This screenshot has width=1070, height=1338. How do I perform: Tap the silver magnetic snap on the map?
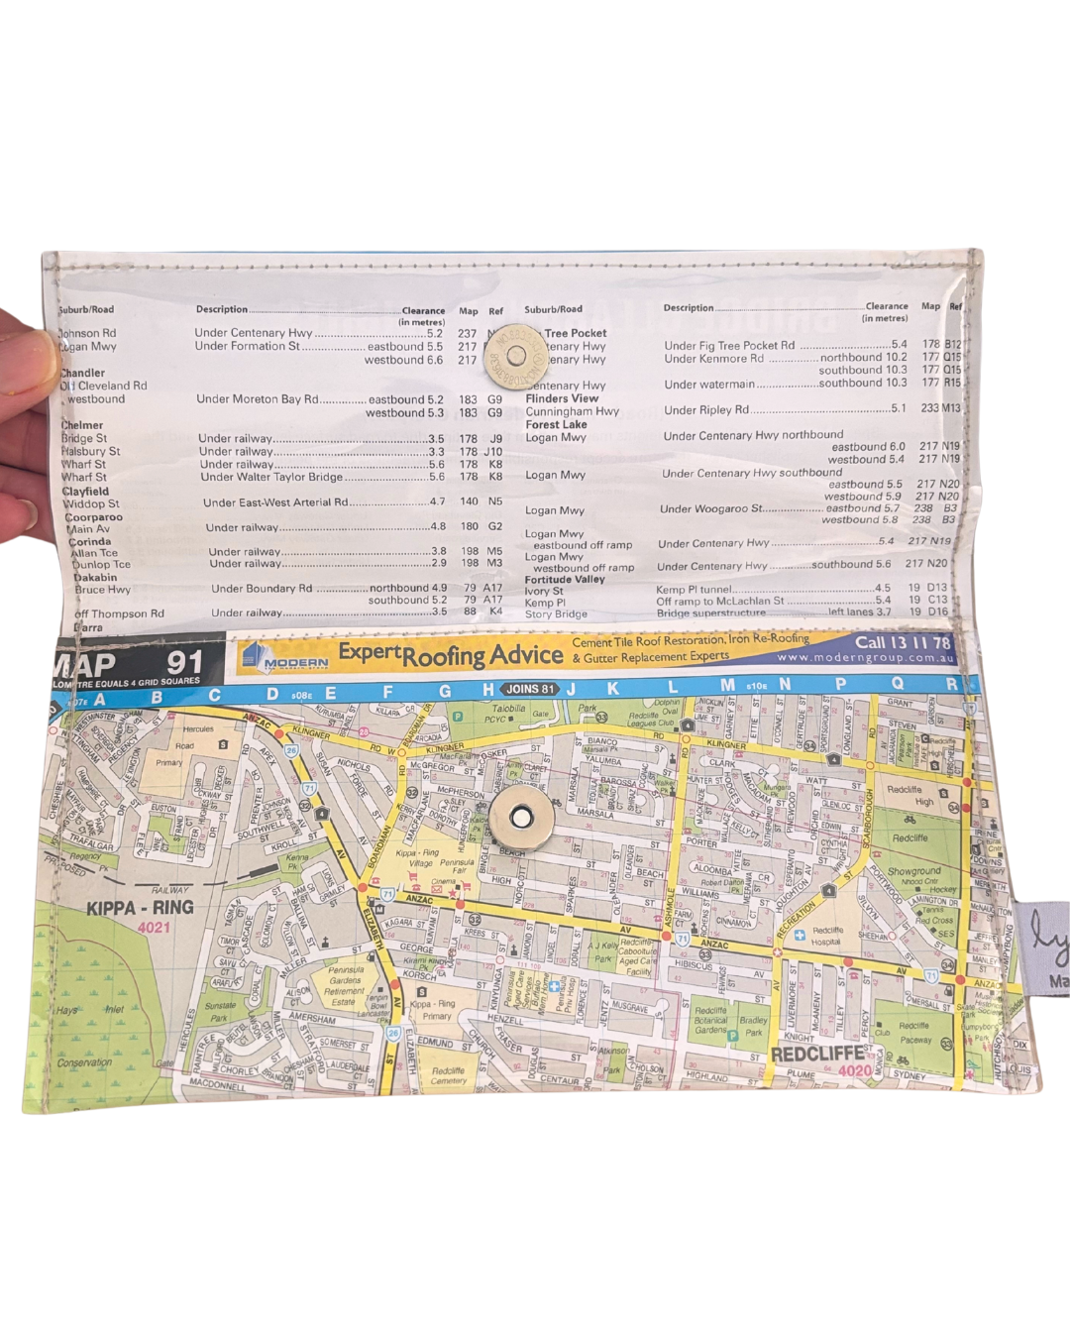coord(521,817)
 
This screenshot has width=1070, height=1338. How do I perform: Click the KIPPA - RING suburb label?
coord(140,908)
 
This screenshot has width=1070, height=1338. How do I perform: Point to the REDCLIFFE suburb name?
coord(817,1053)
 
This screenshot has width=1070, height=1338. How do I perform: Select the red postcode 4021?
coord(154,928)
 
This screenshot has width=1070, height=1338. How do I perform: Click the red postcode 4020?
coord(855,1070)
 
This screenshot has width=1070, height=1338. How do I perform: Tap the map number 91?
coord(184,662)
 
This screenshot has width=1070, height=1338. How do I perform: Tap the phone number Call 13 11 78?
coord(902,641)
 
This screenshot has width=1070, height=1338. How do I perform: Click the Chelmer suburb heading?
coord(82,425)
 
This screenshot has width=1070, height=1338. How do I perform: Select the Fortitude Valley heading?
coord(565,579)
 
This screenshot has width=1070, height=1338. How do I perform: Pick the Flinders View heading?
coord(562,398)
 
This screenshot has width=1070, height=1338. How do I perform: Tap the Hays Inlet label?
coord(89,1010)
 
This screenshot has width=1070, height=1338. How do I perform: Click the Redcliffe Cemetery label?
coord(448,1075)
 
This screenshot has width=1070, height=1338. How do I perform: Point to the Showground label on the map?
coord(913,871)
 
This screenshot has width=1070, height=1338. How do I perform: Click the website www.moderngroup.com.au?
coord(865,658)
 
